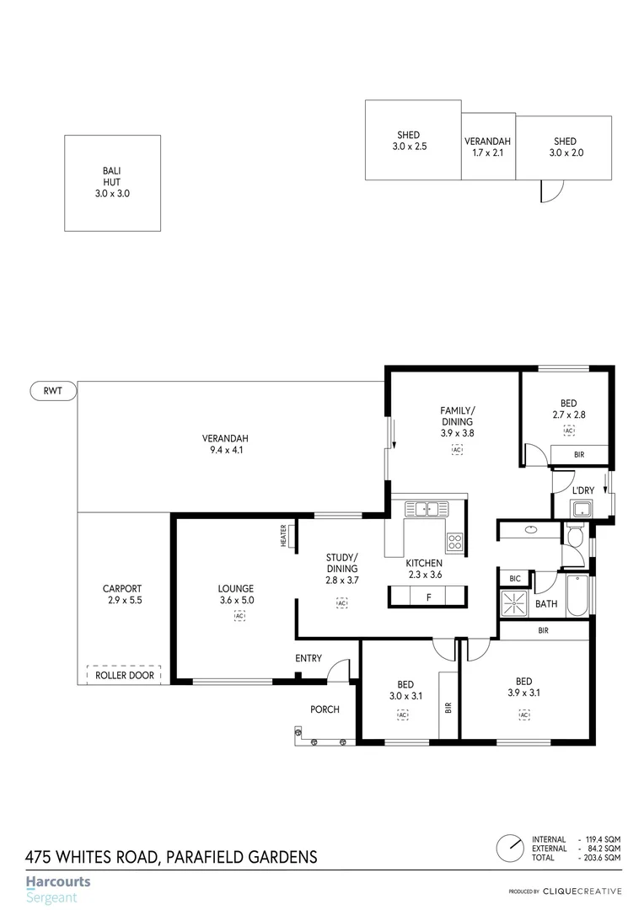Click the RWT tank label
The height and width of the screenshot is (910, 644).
[53, 390]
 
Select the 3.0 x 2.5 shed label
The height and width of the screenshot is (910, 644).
[410, 141]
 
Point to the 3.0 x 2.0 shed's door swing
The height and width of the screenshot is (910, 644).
[549, 192]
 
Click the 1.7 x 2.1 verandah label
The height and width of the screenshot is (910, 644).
[488, 147]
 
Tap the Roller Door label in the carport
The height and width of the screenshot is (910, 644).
[123, 675]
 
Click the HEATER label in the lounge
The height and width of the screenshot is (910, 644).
[284, 536]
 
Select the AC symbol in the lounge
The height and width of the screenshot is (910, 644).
[239, 616]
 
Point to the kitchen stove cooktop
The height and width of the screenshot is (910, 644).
[454, 542]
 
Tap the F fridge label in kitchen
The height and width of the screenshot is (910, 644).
[429, 597]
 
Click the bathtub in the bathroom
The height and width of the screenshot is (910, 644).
[577, 597]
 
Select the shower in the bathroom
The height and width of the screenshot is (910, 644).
[514, 603]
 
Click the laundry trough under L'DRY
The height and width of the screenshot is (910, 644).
[582, 507]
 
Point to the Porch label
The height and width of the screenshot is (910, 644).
[325, 709]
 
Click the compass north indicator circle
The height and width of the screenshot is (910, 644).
[509, 848]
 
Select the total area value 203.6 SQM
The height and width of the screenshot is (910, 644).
[601, 857]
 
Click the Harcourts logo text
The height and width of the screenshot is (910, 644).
[58, 882]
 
